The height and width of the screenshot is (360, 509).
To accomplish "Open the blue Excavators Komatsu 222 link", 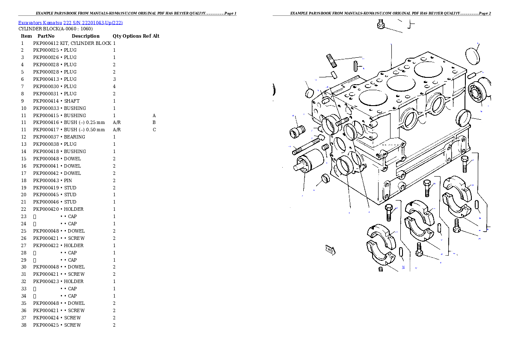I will click(70, 23).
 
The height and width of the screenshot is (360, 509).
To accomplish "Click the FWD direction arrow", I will click(330, 250).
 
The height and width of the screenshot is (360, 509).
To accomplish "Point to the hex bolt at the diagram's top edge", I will click(381, 24).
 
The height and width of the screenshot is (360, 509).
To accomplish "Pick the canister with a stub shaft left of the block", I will click(305, 161).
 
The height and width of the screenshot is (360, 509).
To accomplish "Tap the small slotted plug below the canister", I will click(325, 178).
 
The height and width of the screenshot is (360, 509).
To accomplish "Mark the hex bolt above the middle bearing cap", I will click(427, 187).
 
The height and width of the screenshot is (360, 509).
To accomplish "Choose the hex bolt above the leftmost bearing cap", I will click(389, 212).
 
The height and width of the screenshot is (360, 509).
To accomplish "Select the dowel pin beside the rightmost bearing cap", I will click(477, 205).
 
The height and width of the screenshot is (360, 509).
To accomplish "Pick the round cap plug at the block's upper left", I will click(309, 92).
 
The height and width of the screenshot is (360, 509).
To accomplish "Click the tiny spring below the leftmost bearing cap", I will click(380, 269).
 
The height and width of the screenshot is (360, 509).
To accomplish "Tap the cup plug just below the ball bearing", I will click(464, 116).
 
